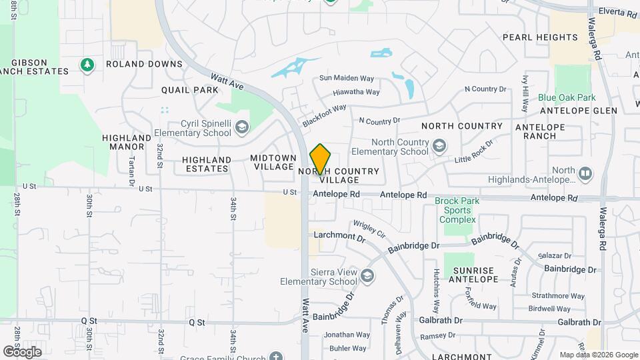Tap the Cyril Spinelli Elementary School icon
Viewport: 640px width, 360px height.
pos(241,126)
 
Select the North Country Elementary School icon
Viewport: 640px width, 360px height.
pos(439,145)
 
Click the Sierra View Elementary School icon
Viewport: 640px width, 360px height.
pos(367,275)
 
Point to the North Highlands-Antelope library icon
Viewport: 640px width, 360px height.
pos(585,173)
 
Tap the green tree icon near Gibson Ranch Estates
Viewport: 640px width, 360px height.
pos(86,65)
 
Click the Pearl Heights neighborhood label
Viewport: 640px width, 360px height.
pos(540,37)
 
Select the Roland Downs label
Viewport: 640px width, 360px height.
pos(144,64)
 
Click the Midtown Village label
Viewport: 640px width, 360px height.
pos(273,162)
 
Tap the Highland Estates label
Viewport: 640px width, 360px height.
pos(207,164)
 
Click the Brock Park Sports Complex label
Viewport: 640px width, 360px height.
pos(457,210)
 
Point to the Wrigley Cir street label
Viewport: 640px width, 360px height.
pos(369,230)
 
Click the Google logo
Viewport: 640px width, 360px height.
pos(22,351)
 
